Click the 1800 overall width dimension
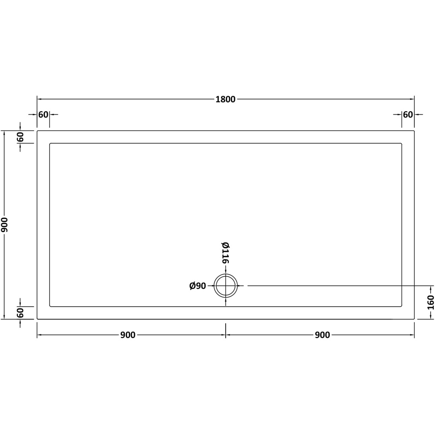(225, 99)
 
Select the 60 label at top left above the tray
(43, 114)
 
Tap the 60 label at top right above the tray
(408, 114)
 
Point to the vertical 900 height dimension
(4, 225)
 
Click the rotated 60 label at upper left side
(20, 137)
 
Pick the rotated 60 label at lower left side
(20, 313)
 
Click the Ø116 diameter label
(225, 253)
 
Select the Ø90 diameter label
(198, 286)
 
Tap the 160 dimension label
(431, 302)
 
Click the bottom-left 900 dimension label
(128, 335)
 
